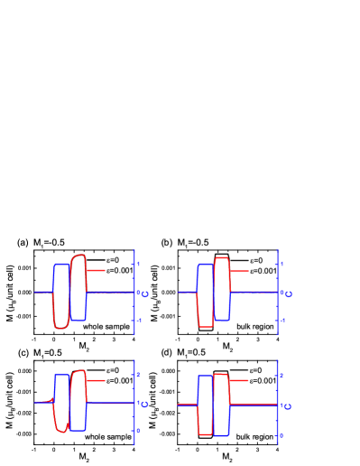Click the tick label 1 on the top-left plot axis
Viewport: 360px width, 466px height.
pyautogui.click(x=138, y=264)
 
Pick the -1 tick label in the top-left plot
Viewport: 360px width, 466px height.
pyautogui.click(x=138, y=320)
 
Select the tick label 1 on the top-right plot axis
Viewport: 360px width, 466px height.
pyautogui.click(x=282, y=264)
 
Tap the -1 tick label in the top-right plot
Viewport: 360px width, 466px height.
pyautogui.click(x=282, y=320)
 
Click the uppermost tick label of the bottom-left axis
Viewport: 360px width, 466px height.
pyautogui.click(x=138, y=374)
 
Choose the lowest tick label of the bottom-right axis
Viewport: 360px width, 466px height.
pyautogui.click(x=281, y=435)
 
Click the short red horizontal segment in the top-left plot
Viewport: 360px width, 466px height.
pyautogui.click(x=96, y=270)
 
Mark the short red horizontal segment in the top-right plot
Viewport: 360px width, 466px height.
pyautogui.click(x=239, y=271)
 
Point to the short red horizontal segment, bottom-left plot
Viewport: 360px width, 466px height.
pyautogui.click(x=96, y=380)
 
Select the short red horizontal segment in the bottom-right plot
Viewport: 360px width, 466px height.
pyautogui.click(x=238, y=381)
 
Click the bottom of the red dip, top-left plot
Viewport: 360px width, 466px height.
pyautogui.click(x=61, y=328)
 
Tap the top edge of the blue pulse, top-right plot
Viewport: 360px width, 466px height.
pyautogui.click(x=205, y=265)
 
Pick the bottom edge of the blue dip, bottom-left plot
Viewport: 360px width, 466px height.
pyautogui.click(x=78, y=431)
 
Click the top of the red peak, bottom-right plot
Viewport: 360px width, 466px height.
pyautogui.click(x=220, y=374)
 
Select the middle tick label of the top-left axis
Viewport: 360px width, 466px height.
pyautogui.click(x=143, y=294)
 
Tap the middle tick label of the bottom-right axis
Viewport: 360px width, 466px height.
pyautogui.click(x=287, y=406)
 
